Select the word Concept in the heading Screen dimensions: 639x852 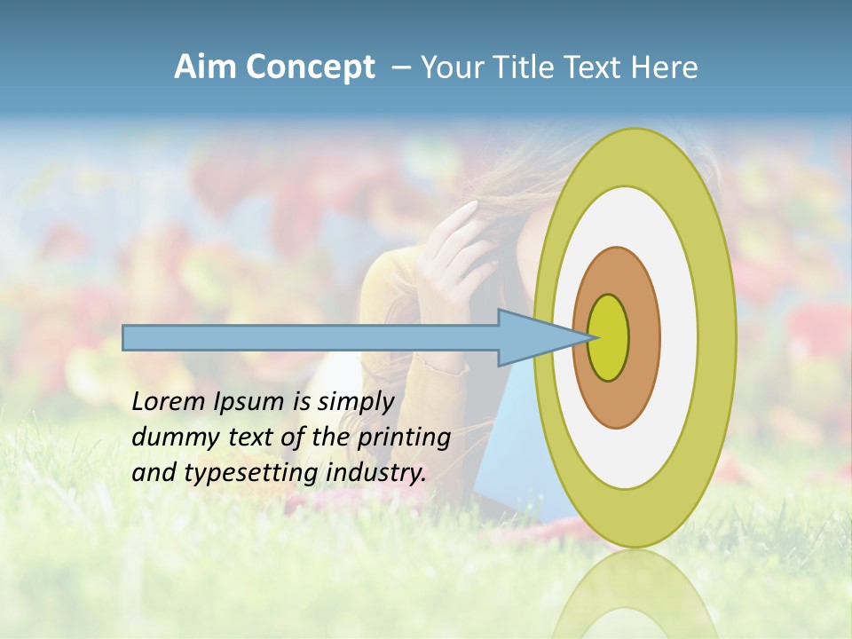[x=311, y=68]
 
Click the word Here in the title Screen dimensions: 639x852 [x=667, y=67]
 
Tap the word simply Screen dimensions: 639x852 [x=355, y=403]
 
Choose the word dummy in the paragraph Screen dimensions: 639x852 [x=170, y=438]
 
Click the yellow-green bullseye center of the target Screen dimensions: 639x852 [x=609, y=338]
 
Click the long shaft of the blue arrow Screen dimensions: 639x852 [x=310, y=338]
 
